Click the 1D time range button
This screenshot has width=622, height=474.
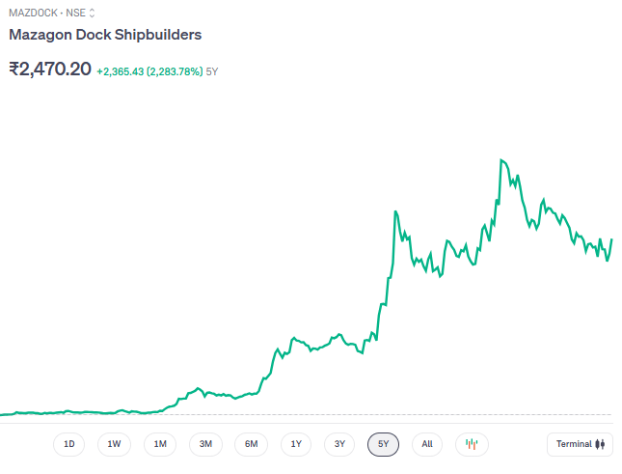[x=68, y=444]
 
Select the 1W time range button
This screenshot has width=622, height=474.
[x=114, y=444]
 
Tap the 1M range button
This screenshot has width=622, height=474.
[x=160, y=444]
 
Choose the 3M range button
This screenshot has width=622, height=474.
[x=205, y=444]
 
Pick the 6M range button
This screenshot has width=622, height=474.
[x=251, y=444]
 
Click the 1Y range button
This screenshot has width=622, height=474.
[x=296, y=444]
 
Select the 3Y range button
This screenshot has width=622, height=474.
[x=339, y=444]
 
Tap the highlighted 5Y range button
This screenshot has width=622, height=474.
[x=383, y=444]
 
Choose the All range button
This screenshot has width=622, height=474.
[x=427, y=444]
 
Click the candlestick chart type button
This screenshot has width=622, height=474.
[x=472, y=444]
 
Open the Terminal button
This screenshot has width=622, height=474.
[x=579, y=444]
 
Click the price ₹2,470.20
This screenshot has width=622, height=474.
[x=50, y=70]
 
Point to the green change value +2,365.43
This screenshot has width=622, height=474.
[x=120, y=71]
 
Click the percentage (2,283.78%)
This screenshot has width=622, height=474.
[x=175, y=71]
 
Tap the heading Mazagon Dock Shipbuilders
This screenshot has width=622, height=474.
[x=105, y=35]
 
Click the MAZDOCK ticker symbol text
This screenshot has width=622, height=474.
[x=30, y=13]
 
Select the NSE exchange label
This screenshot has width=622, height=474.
[x=75, y=13]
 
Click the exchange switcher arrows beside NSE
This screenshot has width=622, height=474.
[x=93, y=13]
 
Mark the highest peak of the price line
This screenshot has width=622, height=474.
[x=500, y=160]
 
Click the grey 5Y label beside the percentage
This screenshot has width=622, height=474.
[x=212, y=71]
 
